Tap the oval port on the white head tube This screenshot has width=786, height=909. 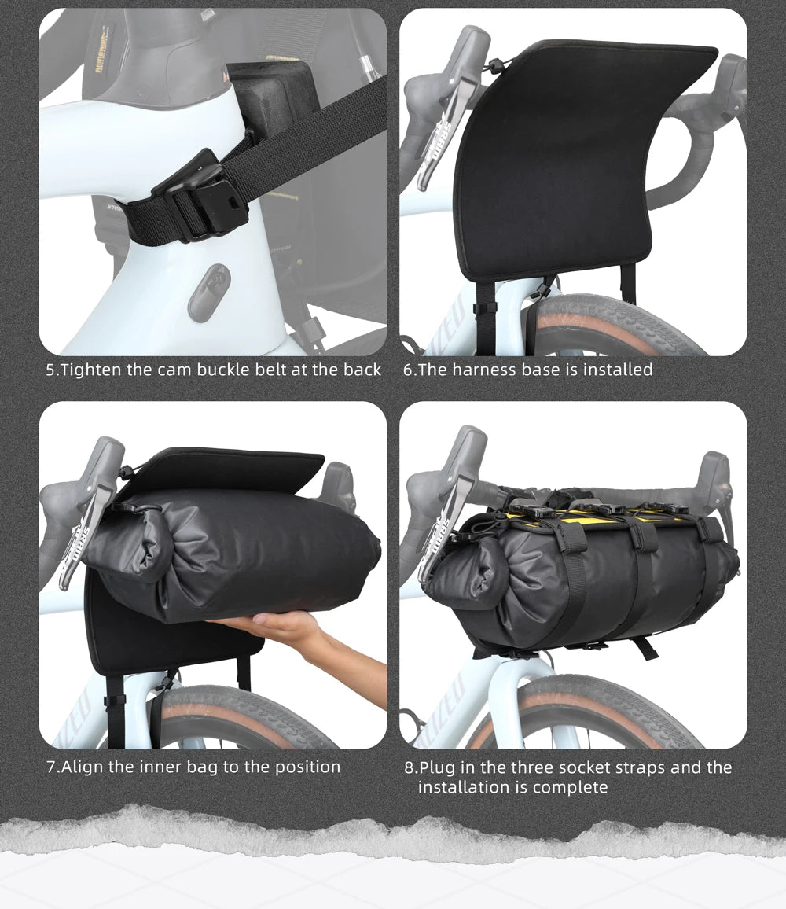[x=209, y=293]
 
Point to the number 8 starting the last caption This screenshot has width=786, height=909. [x=410, y=768]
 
